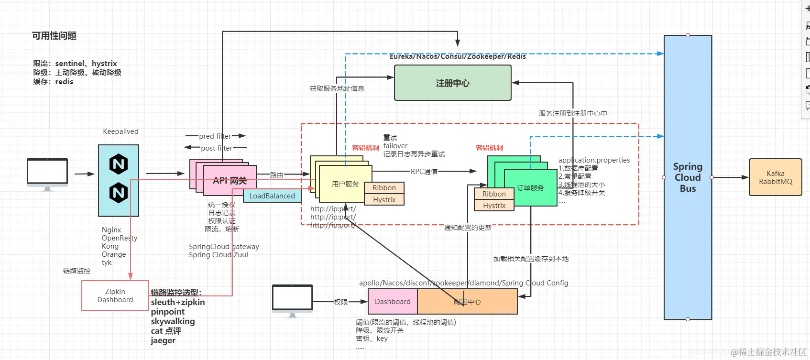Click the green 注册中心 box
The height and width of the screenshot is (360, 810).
pyautogui.click(x=452, y=83)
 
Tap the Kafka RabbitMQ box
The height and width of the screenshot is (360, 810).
pyautogui.click(x=775, y=177)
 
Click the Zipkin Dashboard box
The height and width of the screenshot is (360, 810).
pyautogui.click(x=115, y=295)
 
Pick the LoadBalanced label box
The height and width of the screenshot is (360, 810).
pyautogui.click(x=272, y=196)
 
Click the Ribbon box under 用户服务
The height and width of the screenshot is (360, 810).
pyautogui.click(x=384, y=188)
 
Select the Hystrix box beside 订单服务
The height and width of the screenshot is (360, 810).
pyautogui.click(x=494, y=206)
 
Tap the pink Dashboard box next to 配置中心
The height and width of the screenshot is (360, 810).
pyautogui.click(x=393, y=302)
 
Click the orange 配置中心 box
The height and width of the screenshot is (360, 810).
pyautogui.click(x=467, y=302)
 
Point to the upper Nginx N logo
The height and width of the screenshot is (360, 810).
pyautogui.click(x=119, y=164)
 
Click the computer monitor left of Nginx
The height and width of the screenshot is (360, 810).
pyautogui.click(x=47, y=173)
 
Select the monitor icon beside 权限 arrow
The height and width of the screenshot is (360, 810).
pyautogui.click(x=292, y=299)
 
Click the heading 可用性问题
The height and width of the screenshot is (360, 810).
pyautogui.click(x=54, y=36)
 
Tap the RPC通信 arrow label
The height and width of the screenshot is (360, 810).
pyautogui.click(x=424, y=171)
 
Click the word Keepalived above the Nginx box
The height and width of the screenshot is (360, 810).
pyautogui.click(x=120, y=131)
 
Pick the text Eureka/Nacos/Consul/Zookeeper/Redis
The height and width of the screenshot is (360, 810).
pyautogui.click(x=458, y=56)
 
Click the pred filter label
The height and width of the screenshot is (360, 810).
pyautogui.click(x=215, y=136)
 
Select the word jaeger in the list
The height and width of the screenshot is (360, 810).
pyautogui.click(x=163, y=340)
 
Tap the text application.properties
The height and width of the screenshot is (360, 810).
pyautogui.click(x=594, y=160)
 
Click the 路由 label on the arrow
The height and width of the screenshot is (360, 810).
pyautogui.click(x=276, y=175)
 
